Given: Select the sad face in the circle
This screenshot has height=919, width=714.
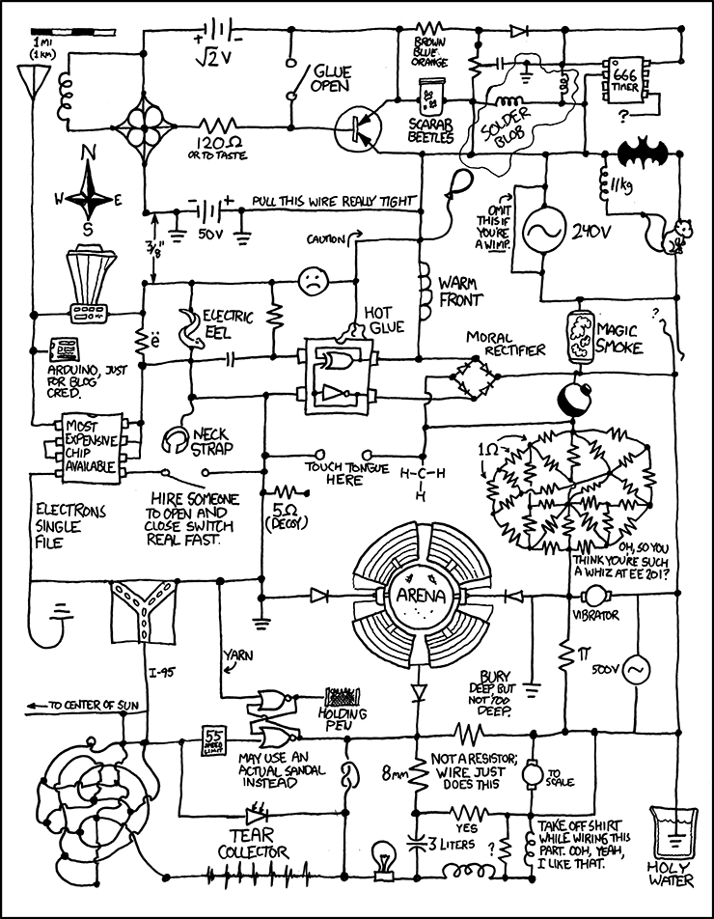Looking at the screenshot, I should pyautogui.click(x=311, y=281).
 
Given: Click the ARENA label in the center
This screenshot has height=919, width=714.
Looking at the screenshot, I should pyautogui.click(x=420, y=595).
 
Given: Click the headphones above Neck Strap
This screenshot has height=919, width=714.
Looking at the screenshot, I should pyautogui.click(x=175, y=441).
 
